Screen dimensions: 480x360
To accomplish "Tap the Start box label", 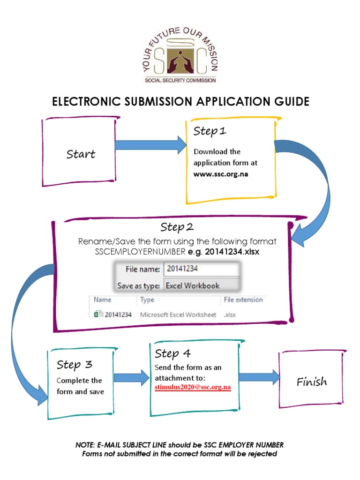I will (81, 154).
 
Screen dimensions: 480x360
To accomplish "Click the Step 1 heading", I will (210, 131).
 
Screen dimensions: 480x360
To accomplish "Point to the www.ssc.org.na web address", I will (221, 174).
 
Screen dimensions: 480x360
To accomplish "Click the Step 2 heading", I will (177, 227).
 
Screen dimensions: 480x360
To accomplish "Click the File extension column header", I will (243, 300).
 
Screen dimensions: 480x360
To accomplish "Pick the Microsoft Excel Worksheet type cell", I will (178, 315).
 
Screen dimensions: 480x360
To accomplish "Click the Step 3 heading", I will (74, 364).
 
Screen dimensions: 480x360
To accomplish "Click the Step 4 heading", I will (172, 353).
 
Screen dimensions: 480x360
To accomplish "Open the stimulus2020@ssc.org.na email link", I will (193, 388).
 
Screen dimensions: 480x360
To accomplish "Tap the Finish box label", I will (312, 382).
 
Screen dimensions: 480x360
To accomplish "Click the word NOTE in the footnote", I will (86, 444).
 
